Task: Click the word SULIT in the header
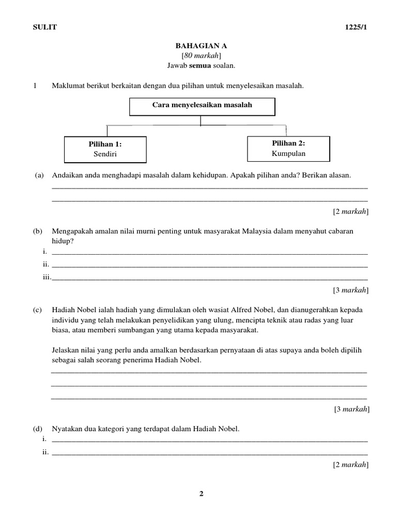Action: [45, 27]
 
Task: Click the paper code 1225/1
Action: [356, 27]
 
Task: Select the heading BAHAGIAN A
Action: [201, 46]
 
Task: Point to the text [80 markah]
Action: [201, 56]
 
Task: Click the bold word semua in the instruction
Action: [198, 66]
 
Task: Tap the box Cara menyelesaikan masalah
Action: [202, 106]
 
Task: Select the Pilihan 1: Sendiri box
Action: [105, 149]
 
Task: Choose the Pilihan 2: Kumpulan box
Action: [288, 148]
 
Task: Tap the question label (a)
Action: [39, 175]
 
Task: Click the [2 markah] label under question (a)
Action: [350, 211]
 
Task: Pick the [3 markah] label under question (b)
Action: [350, 290]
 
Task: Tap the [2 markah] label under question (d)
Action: [350, 465]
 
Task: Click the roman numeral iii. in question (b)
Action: [47, 277]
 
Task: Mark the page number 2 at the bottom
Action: [202, 494]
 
